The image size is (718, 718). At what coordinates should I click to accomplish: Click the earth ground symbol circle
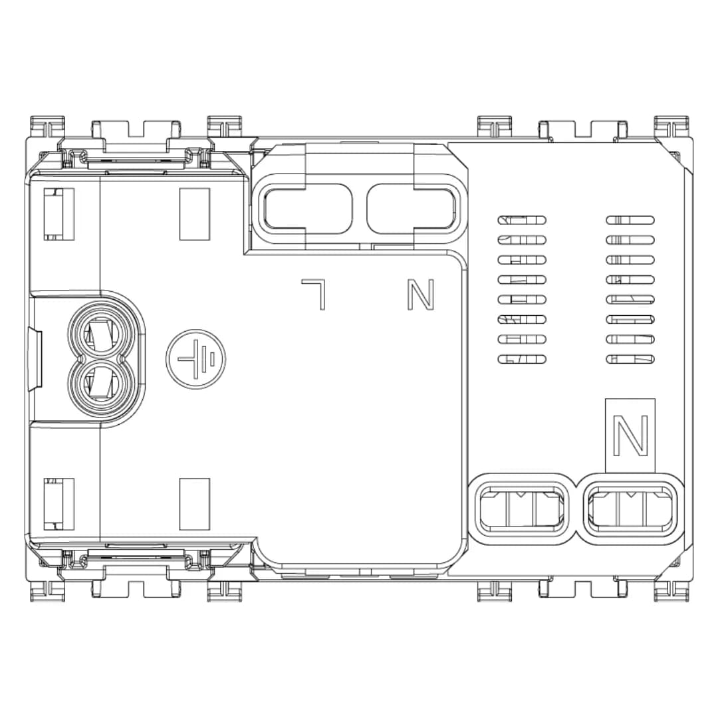(195, 359)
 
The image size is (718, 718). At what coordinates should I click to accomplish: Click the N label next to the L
(420, 295)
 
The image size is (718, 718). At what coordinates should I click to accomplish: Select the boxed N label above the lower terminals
(630, 435)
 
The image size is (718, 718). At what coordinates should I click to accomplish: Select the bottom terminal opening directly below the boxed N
(630, 508)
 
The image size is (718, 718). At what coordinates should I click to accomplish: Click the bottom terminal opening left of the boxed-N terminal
(521, 508)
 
